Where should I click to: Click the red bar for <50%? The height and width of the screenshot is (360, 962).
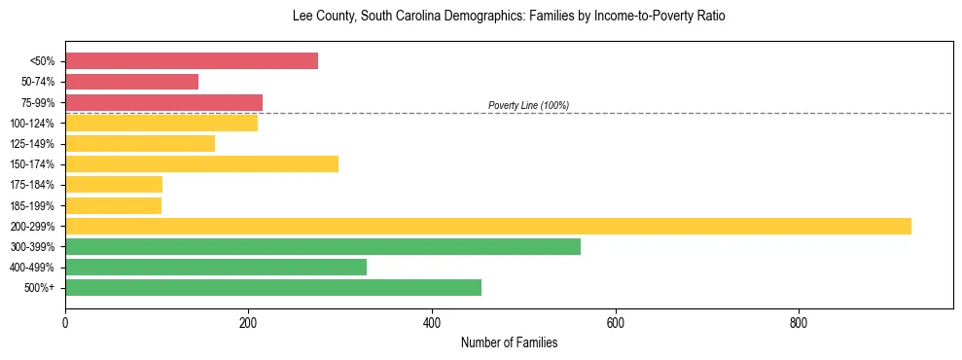(192, 61)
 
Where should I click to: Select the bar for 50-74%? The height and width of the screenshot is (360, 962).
(131, 82)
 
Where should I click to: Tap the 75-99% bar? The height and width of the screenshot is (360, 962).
(163, 102)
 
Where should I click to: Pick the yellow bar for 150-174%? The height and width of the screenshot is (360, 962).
(201, 164)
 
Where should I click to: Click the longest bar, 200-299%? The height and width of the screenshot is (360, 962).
(487, 227)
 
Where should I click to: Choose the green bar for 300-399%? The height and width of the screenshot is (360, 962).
(322, 247)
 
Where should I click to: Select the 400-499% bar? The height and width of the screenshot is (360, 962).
(216, 268)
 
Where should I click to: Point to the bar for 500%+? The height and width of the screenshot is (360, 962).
(273, 288)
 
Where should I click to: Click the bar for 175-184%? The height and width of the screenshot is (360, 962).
(114, 185)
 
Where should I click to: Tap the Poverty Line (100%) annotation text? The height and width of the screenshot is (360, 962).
(528, 105)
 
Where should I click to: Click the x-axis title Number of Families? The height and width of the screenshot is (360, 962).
(509, 342)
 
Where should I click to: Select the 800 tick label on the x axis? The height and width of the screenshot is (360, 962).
(799, 322)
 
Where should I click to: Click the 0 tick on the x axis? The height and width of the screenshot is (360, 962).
(65, 322)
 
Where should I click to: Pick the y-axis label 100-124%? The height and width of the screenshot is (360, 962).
(32, 124)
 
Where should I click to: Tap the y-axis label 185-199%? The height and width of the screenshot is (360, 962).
(32, 206)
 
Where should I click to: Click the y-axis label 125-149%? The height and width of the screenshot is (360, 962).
(32, 144)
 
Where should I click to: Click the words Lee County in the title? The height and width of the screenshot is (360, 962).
(319, 17)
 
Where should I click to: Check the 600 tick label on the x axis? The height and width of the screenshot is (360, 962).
(615, 322)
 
